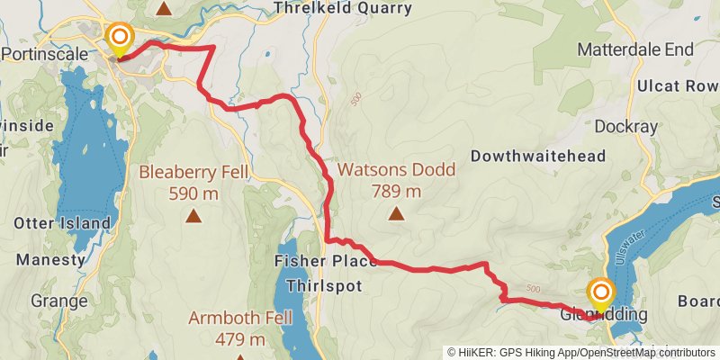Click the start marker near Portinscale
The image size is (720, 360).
point(120,38)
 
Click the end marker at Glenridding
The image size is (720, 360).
point(600,293)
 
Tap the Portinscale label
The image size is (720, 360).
point(46,54)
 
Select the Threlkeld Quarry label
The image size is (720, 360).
point(343,8)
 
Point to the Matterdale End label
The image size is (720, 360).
point(636,49)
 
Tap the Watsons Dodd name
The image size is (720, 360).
point(396,169)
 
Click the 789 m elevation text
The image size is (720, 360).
point(396,191)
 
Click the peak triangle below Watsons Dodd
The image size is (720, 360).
point(396,213)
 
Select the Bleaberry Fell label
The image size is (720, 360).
point(192,172)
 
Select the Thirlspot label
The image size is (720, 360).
point(323,285)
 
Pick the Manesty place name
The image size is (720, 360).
point(50,259)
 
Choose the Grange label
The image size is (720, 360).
point(57,300)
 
